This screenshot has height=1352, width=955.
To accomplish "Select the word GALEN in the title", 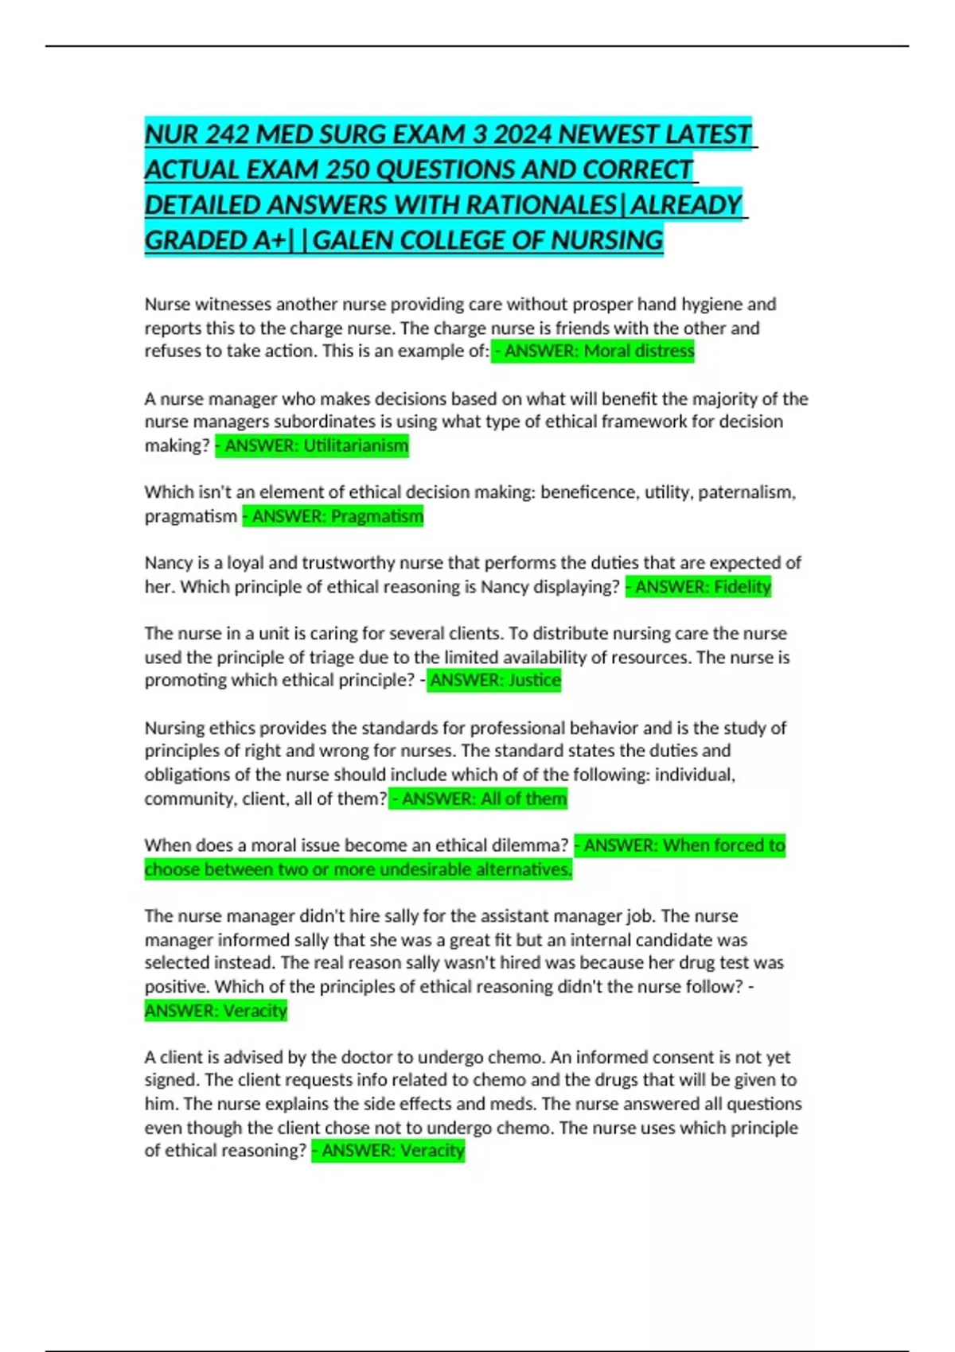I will coord(354,239).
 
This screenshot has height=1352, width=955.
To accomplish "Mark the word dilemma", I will coord(531,845).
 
